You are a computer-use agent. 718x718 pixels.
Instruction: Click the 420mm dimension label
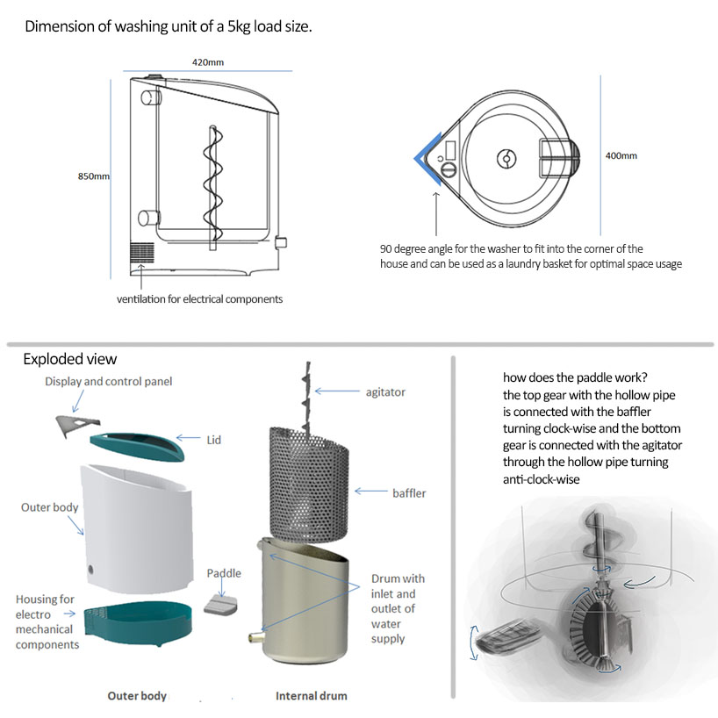pyautogui.click(x=207, y=62)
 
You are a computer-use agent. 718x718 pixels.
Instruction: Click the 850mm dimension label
pyautogui.click(x=94, y=176)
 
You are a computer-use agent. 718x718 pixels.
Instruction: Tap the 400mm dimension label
pyautogui.click(x=621, y=156)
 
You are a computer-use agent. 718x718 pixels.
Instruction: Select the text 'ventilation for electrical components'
pyautogui.click(x=199, y=299)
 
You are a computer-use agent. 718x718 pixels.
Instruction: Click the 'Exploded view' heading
pyautogui.click(x=69, y=359)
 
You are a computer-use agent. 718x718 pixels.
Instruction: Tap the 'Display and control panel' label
pyautogui.click(x=109, y=381)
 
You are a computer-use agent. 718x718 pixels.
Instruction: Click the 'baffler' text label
pyautogui.click(x=409, y=493)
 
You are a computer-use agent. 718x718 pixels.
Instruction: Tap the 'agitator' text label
pyautogui.click(x=385, y=392)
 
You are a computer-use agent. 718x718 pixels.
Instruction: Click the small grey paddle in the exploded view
pyautogui.click(x=223, y=605)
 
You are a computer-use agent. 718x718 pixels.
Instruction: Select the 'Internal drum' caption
pyautogui.click(x=311, y=696)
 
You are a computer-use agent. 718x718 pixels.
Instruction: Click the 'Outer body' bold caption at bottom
pyautogui.click(x=137, y=696)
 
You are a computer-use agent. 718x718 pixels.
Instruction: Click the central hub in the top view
pyautogui.click(x=506, y=158)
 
